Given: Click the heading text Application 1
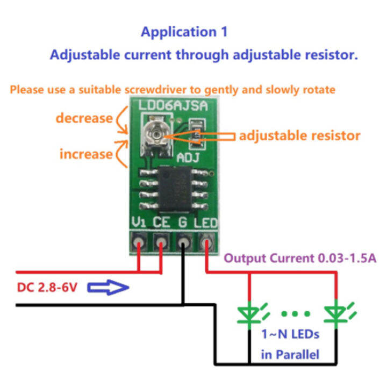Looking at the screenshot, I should tap(184, 32).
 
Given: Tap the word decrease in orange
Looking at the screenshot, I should tap(85, 118).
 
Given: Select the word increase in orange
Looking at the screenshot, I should tap(85, 154).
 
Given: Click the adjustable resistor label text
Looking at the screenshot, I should tap(299, 135).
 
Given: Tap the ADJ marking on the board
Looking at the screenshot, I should tap(189, 157).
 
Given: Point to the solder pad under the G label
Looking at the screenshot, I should tap(184, 243).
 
